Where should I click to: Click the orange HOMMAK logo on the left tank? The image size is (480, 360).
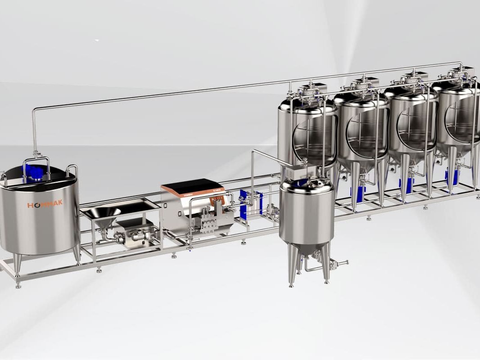pyautogui.click(x=45, y=204)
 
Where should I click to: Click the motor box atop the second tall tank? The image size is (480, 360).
pyautogui.click(x=366, y=82)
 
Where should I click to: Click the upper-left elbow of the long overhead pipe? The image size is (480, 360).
pyautogui.click(x=35, y=110)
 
